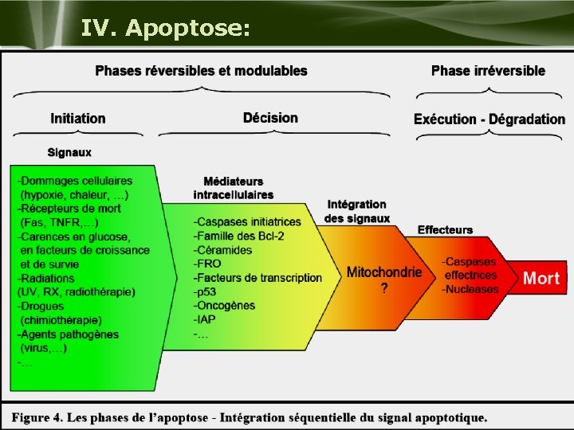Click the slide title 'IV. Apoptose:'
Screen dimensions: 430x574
pos(166,29)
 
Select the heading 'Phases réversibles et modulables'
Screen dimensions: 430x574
pos(201,71)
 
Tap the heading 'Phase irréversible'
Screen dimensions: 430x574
pos(488,71)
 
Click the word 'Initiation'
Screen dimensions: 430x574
pos(78,119)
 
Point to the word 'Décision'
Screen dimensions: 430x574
pos(270,118)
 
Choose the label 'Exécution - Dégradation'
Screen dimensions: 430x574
pos(489,119)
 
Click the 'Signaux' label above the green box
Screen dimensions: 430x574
pos(69,152)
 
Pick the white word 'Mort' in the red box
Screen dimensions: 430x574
pos(541,279)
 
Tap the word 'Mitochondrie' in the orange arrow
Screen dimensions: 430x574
pos(384,272)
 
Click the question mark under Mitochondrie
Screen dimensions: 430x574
pos(385,288)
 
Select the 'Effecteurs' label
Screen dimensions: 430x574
pos(445,230)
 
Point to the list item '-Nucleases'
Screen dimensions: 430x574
pos(470,289)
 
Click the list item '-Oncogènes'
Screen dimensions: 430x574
pos(224,306)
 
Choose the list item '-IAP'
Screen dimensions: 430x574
pos(205,320)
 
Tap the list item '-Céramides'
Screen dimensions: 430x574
pos(222,250)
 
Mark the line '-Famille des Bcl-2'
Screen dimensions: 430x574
pos(238,236)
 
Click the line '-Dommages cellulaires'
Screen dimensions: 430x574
pos(75,181)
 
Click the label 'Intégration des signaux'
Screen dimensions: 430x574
pos(356,211)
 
